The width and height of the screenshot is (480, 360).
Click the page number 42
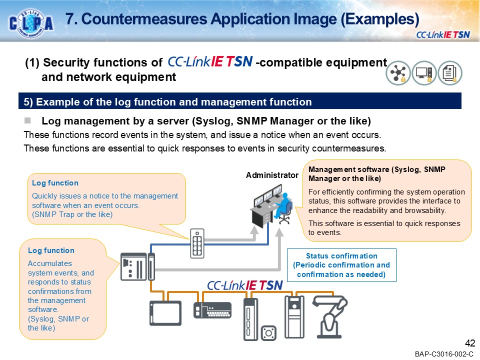[469, 343]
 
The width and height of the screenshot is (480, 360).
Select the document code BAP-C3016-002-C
[443, 354]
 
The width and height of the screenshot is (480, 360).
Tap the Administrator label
[271, 175]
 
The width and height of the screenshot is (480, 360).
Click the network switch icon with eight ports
[197, 243]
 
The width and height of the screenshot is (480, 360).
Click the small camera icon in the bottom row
[270, 332]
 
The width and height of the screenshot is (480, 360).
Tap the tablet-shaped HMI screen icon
[165, 313]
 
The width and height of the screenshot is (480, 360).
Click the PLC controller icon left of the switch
[137, 266]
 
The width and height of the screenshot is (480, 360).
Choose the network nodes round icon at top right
[398, 73]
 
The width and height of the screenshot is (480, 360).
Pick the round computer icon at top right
[424, 73]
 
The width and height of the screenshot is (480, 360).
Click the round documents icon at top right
[450, 73]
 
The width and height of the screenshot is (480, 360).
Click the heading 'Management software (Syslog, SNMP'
[377, 169]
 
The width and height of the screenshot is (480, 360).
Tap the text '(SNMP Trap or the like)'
[72, 214]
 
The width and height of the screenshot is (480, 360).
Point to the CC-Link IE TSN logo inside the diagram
[245, 285]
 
